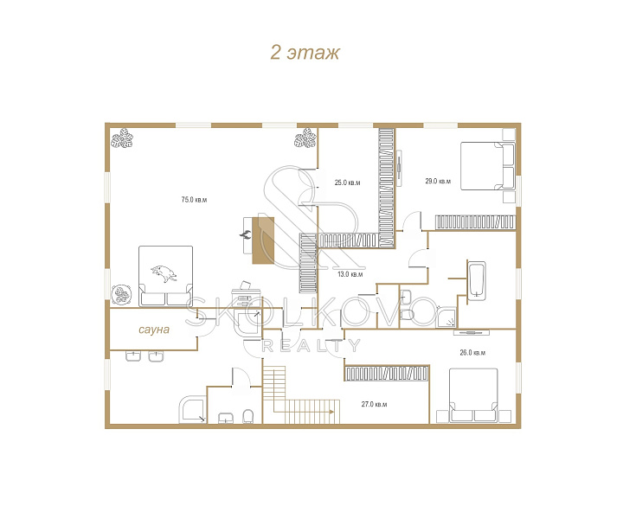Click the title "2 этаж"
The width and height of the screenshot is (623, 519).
305,53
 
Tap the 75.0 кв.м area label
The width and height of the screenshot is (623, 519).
194,200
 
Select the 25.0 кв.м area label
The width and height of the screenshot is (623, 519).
347,183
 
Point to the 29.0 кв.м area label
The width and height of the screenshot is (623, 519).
438,181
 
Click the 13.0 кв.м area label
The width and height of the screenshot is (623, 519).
350,274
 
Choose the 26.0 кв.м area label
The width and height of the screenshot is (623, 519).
472,352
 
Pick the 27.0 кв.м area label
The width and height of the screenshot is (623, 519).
374,404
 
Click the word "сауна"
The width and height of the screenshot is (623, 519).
154,330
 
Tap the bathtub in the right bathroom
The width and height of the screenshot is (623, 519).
477,279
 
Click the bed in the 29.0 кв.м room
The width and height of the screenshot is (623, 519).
487,166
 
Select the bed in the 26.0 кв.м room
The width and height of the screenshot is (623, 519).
473,395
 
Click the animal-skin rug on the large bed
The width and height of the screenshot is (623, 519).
164,273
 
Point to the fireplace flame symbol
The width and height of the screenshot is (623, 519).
245,234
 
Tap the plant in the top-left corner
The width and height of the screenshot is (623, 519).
122,138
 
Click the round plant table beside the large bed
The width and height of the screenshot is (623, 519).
121,294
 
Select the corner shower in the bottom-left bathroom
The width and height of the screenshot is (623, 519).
193,409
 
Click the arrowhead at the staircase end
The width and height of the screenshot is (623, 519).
331,412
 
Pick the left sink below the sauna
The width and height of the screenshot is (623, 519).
133,356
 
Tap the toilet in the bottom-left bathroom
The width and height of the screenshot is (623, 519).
248,416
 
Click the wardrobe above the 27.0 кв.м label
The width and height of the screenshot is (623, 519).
387,373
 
